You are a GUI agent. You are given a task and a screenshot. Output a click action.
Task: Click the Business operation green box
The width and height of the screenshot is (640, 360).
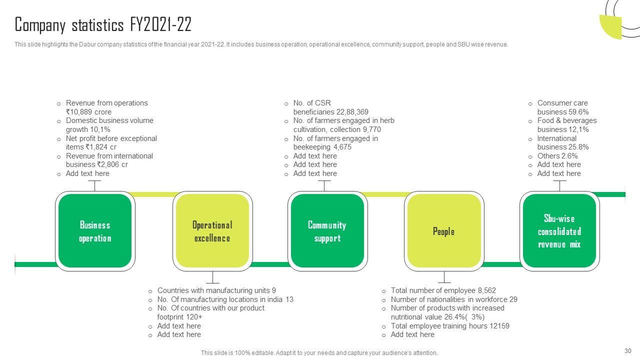click(94, 231)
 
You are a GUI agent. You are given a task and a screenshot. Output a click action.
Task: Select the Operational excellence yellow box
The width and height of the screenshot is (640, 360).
click(212, 231)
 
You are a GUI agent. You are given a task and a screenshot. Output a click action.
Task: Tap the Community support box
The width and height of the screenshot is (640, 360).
click(327, 231)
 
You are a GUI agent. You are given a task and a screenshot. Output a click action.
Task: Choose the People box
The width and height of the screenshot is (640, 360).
click(443, 231)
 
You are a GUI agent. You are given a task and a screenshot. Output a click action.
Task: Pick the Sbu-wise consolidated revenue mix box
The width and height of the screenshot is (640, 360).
click(559, 231)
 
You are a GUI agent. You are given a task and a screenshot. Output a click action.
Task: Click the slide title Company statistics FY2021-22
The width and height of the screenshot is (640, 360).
click(103, 24)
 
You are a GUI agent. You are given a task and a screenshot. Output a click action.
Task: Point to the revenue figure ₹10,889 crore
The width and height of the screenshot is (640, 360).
click(88, 112)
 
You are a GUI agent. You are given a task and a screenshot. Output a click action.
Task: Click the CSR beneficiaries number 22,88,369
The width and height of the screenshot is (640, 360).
click(352, 112)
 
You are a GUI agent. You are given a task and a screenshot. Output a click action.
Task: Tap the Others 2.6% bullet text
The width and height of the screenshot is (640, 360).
click(557, 156)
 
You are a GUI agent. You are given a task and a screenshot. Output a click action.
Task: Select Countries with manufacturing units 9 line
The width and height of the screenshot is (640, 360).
click(216, 290)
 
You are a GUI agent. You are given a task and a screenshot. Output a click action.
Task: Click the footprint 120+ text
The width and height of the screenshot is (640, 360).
click(179, 317)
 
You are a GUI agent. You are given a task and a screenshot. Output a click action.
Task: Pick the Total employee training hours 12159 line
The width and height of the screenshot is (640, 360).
click(449, 326)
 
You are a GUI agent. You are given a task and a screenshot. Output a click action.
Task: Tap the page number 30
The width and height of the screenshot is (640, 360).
click(628, 351)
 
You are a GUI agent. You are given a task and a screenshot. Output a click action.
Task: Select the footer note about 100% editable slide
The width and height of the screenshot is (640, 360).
click(319, 353)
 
